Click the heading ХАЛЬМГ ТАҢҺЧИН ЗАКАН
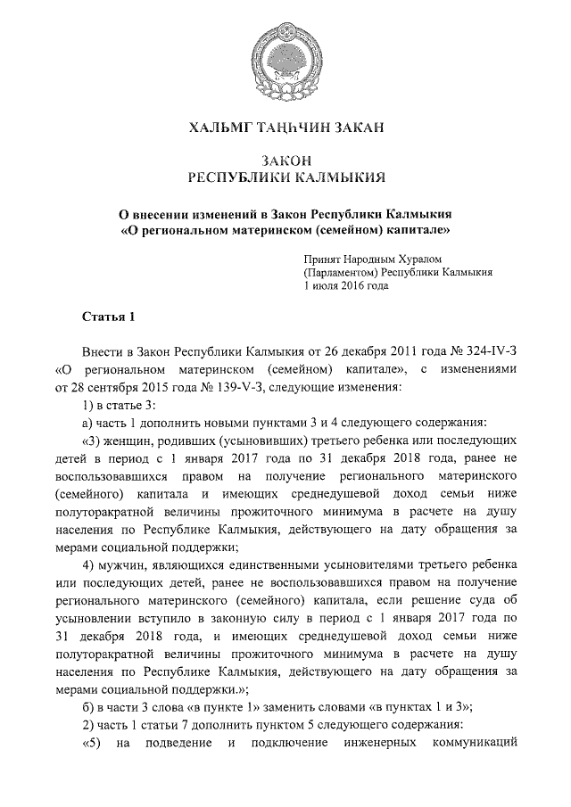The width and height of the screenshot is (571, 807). (285, 129)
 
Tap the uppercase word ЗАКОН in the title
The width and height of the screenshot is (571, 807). (285, 161)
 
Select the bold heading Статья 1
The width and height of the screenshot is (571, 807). (108, 317)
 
